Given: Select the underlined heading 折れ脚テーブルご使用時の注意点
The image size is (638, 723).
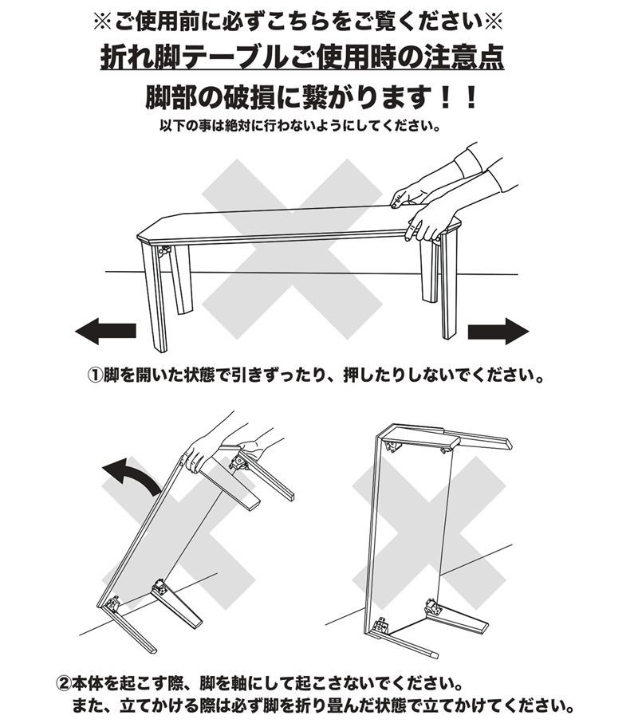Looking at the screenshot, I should pyautogui.click(x=302, y=57).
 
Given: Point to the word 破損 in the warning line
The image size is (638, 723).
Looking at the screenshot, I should pyautogui.click(x=246, y=99).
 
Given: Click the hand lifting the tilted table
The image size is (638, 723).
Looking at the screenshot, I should pyautogui.click(x=203, y=450).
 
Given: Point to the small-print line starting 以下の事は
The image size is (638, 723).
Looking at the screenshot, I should pyautogui.click(x=299, y=126).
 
